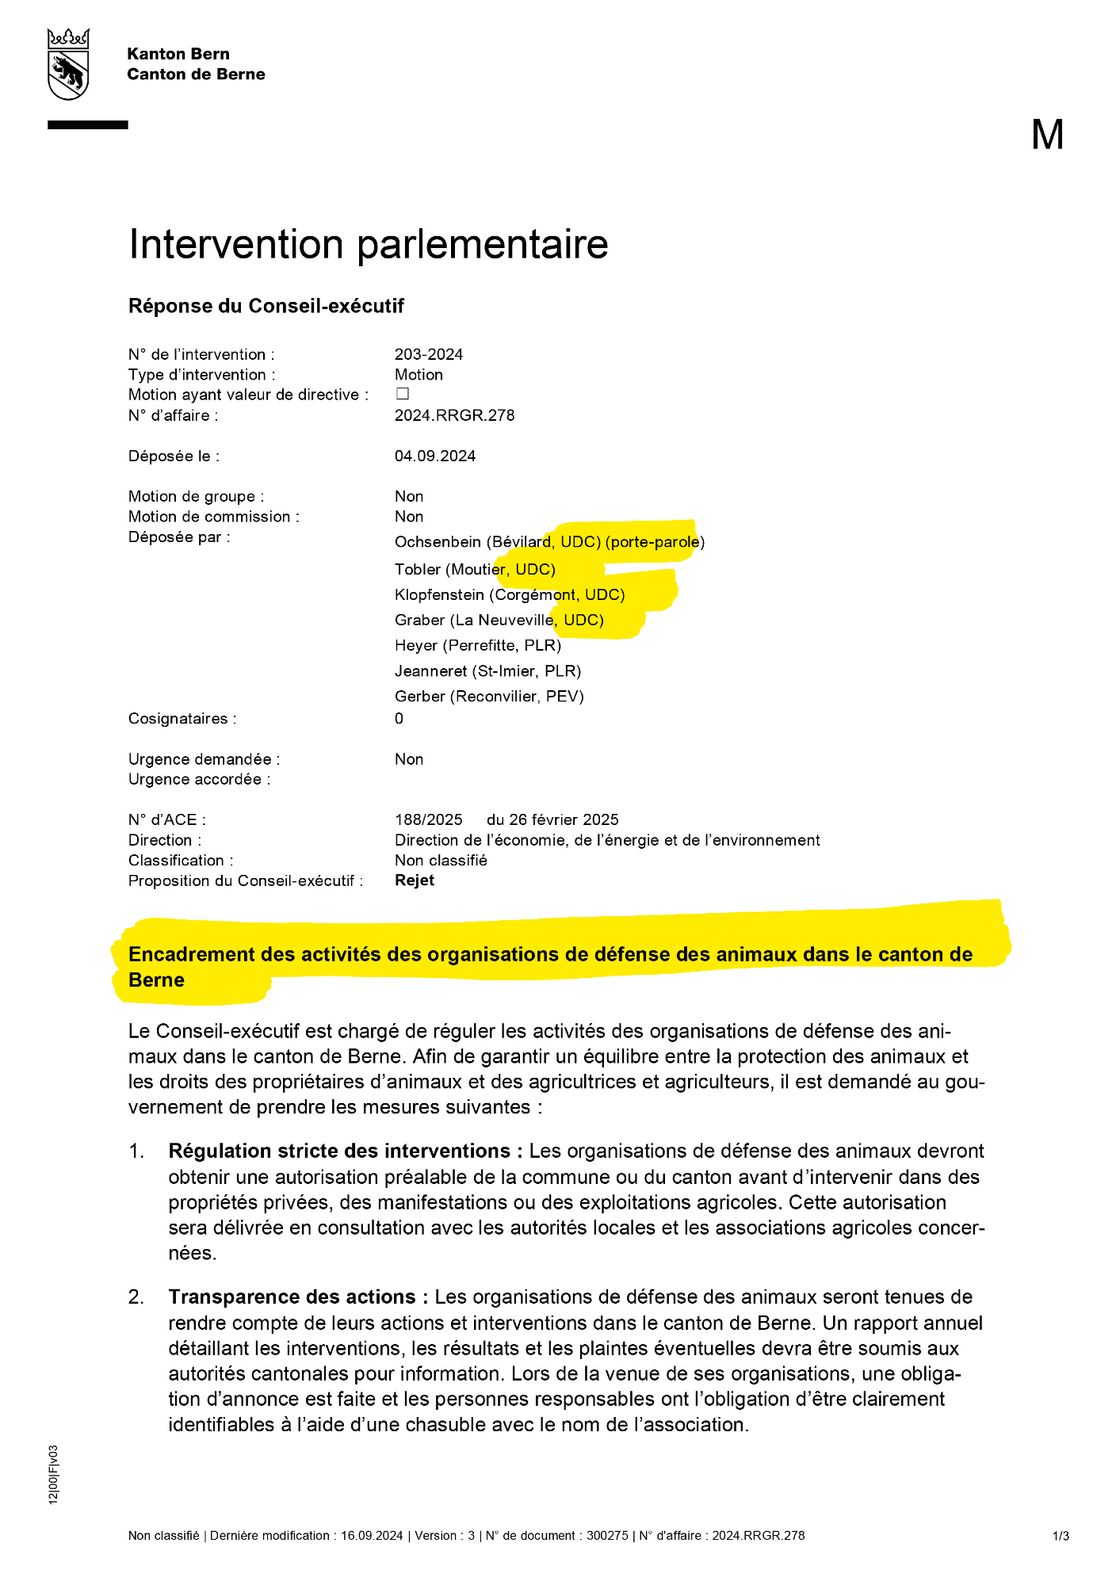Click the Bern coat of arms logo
click(x=68, y=64)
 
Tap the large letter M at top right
click(x=1047, y=135)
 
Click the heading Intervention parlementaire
click(x=368, y=244)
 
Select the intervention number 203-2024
click(x=429, y=354)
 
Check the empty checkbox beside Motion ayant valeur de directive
click(x=403, y=394)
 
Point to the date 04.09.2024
click(x=435, y=456)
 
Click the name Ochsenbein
click(x=438, y=542)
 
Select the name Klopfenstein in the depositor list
click(x=439, y=595)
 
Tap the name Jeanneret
click(x=430, y=671)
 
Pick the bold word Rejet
click(x=415, y=880)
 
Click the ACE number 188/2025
click(x=429, y=819)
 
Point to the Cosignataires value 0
click(x=399, y=719)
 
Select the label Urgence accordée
click(x=199, y=779)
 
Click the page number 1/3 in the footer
click(x=1061, y=1536)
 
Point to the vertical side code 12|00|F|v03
click(x=53, y=1475)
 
